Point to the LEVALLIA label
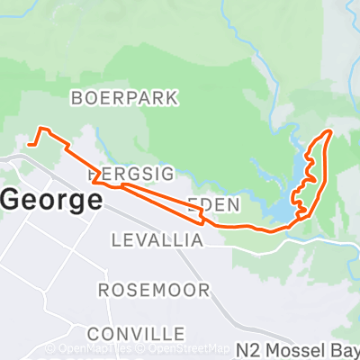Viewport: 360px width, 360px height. point(158,240)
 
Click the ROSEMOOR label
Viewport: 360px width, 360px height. point(153,290)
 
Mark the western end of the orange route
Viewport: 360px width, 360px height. point(30,143)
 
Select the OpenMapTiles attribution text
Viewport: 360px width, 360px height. point(90,348)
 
